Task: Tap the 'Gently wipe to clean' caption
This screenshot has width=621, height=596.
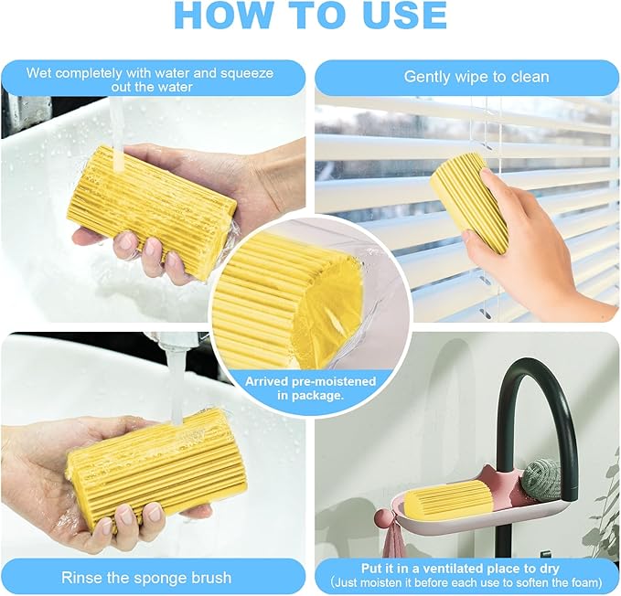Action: [x=476, y=77]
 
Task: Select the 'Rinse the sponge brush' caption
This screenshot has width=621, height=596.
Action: [x=146, y=577]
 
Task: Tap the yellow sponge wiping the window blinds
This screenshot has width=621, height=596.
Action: [x=468, y=201]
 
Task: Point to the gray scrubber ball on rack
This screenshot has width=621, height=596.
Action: [x=542, y=478]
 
